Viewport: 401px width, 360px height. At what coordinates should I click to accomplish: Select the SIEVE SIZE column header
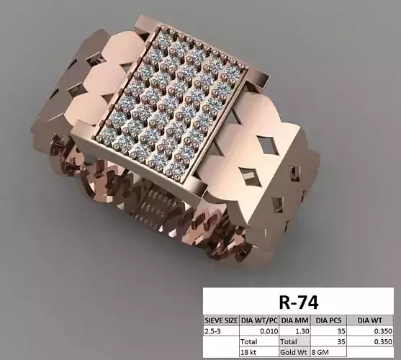220,320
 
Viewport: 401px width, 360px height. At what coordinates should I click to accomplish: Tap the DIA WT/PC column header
258,320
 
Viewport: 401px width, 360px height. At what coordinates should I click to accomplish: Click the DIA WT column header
371,320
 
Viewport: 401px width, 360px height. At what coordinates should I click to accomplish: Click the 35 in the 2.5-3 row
341,330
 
